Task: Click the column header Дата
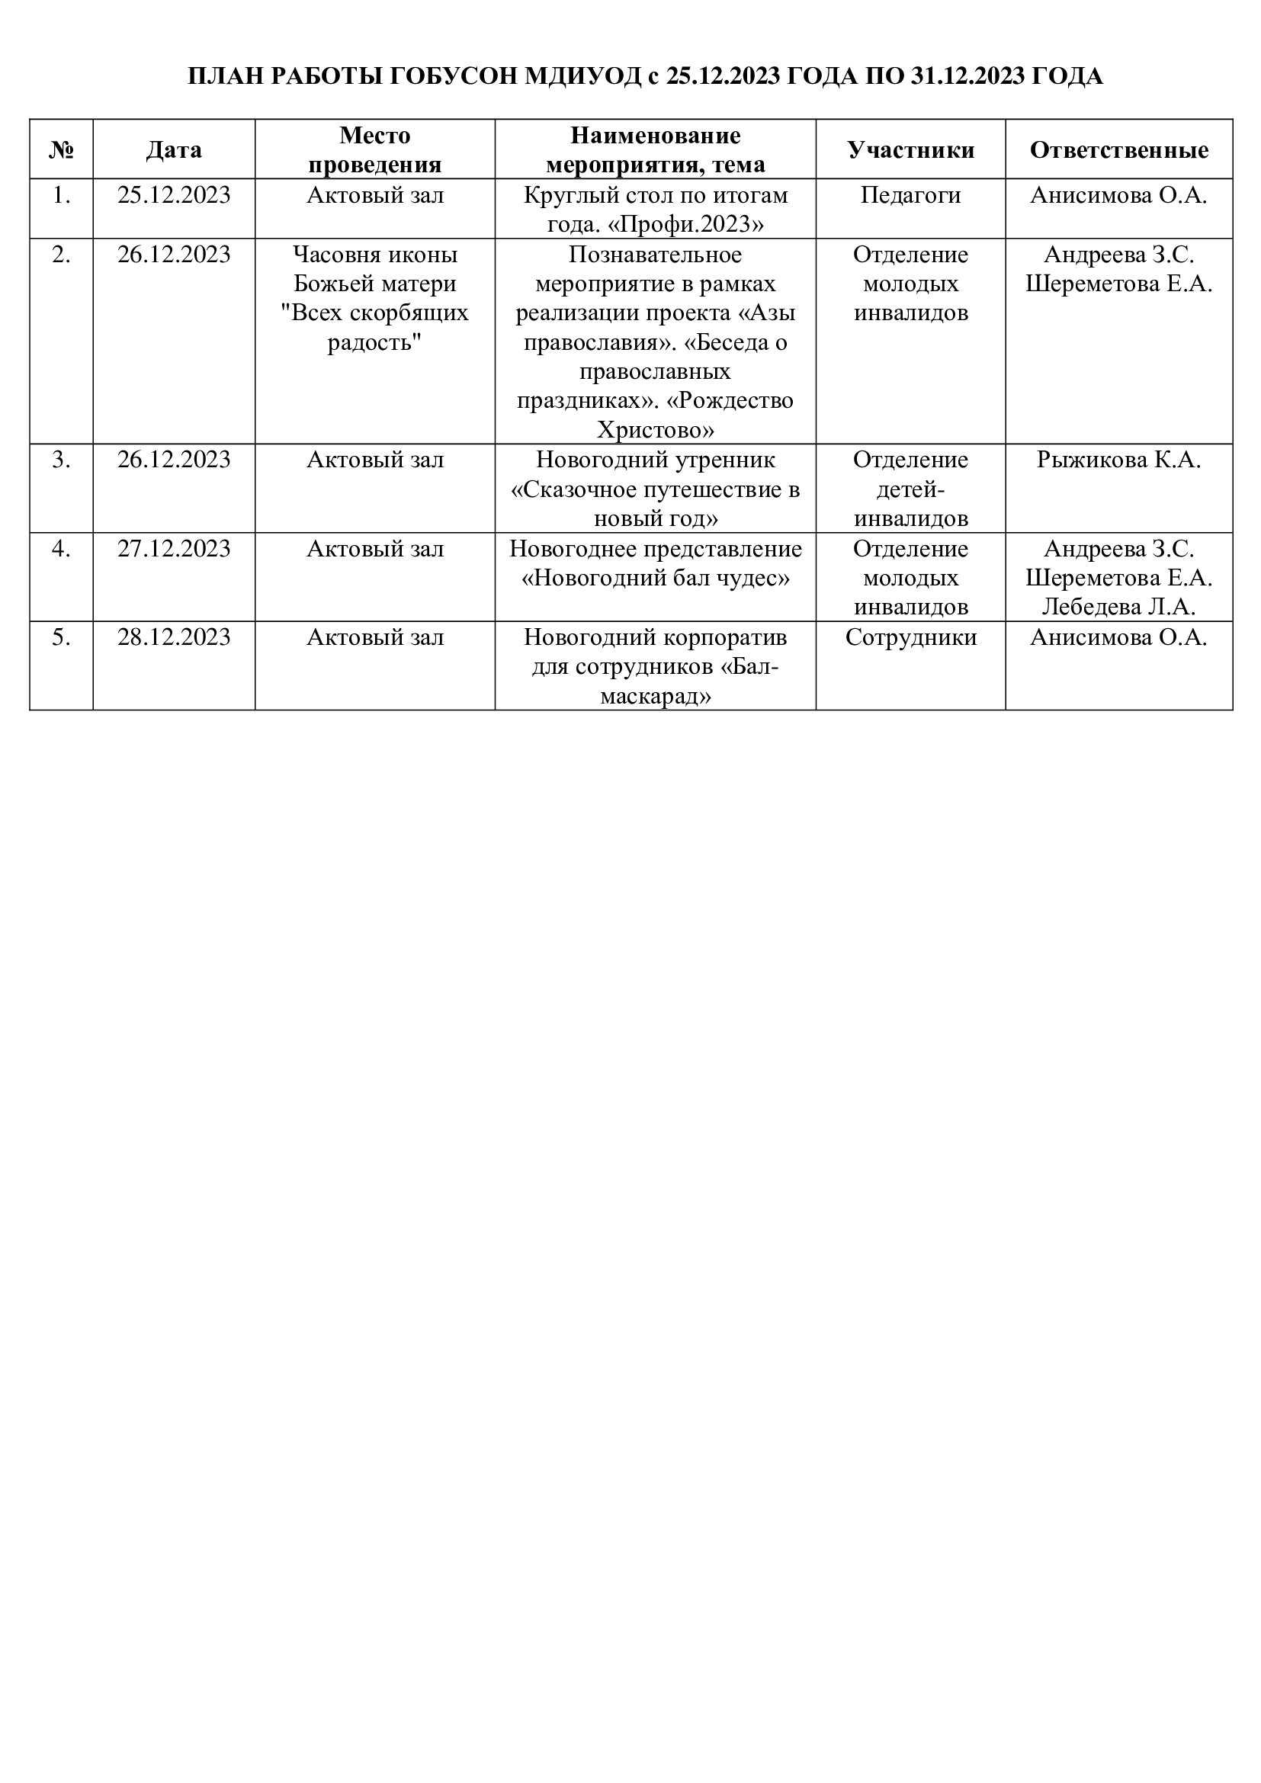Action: pos(174,150)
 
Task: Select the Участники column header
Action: pos(910,150)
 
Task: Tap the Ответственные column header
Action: pos(1119,150)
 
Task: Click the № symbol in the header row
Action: pos(61,150)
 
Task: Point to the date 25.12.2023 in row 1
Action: pos(174,195)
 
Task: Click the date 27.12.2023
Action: pos(174,549)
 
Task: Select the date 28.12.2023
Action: pos(174,637)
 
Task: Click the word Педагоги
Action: pos(910,195)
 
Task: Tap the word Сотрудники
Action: pos(910,637)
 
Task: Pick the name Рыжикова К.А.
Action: pos(1119,460)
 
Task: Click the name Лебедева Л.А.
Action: pos(1119,607)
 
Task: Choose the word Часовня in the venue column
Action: pos(332,255)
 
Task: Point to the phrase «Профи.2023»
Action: pos(685,224)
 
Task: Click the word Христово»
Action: pos(656,430)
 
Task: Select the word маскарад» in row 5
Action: pos(656,697)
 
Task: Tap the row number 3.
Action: pos(61,460)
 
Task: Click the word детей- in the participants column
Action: pos(910,490)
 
